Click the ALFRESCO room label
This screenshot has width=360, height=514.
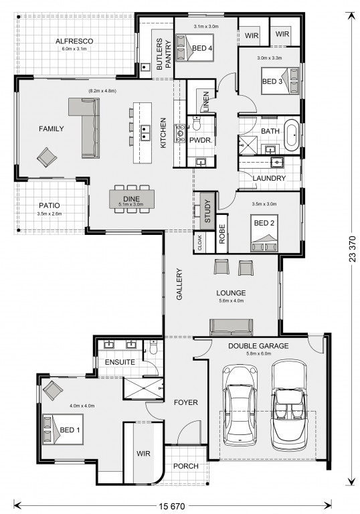74,41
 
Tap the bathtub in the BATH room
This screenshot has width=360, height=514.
292,135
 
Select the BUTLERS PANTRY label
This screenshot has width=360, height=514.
164,54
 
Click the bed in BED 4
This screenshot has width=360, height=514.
195,48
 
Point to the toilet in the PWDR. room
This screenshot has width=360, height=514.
197,123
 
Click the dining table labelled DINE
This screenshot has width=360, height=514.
131,199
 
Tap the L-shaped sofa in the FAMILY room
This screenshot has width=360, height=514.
84,127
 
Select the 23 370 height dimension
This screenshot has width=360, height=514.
352,248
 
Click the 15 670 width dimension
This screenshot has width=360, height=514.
172,506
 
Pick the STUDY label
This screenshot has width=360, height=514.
207,211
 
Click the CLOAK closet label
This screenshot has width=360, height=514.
199,242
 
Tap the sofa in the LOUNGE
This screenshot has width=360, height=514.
231,327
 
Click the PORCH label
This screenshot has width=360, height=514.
186,466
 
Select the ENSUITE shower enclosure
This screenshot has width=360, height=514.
143,388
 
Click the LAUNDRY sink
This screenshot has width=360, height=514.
278,161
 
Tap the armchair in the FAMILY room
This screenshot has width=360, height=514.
47,157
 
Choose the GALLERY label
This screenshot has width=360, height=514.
179,284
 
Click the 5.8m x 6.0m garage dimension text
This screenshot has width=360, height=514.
259,353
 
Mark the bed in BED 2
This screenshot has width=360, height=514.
264,233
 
